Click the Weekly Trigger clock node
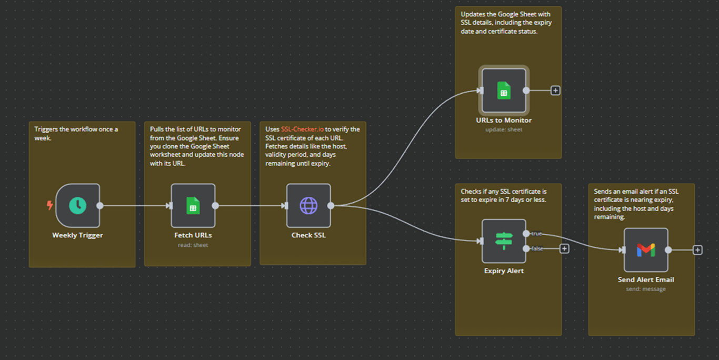click(78, 205)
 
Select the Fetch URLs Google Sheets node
click(193, 205)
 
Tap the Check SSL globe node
click(308, 205)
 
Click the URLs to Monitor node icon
click(504, 91)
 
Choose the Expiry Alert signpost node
click(504, 241)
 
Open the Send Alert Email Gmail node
click(646, 250)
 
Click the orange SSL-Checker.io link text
click(302, 129)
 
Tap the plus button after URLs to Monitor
click(555, 91)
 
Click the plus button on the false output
click(564, 248)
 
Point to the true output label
click(537, 233)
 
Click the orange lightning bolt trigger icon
click(50, 205)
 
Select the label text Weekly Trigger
click(77, 235)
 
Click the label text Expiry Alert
click(504, 271)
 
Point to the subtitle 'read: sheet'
click(193, 245)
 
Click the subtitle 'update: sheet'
click(504, 129)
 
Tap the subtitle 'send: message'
click(646, 289)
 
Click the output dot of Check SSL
click(331, 205)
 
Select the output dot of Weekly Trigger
click(100, 205)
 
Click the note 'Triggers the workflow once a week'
click(76, 134)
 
